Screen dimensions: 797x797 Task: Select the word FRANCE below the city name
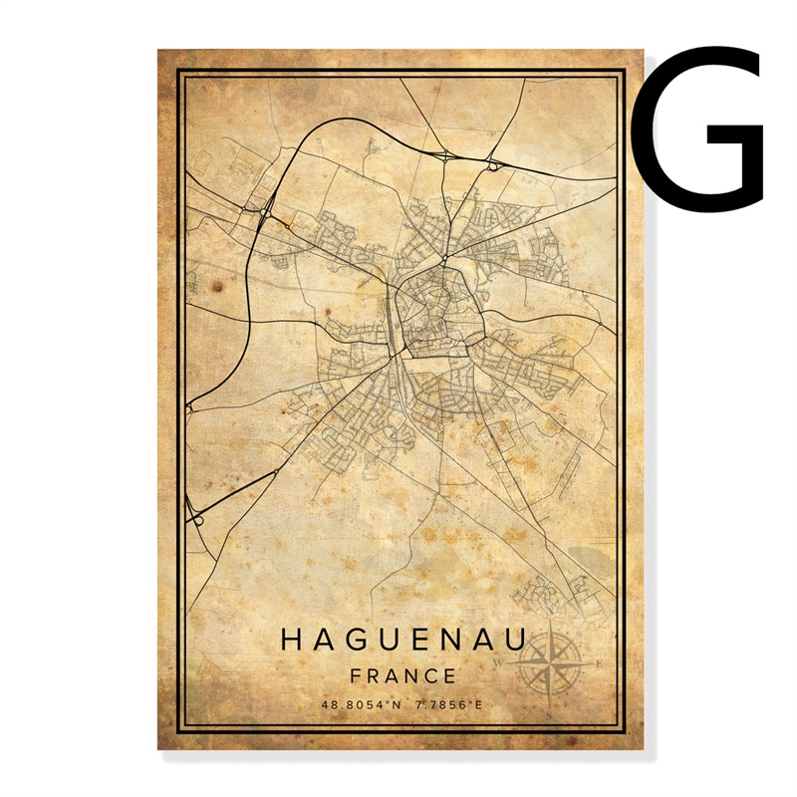point(403,675)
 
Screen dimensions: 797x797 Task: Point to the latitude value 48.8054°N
point(360,705)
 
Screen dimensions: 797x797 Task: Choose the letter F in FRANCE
point(357,675)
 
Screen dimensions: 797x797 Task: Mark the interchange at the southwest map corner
point(194,517)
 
